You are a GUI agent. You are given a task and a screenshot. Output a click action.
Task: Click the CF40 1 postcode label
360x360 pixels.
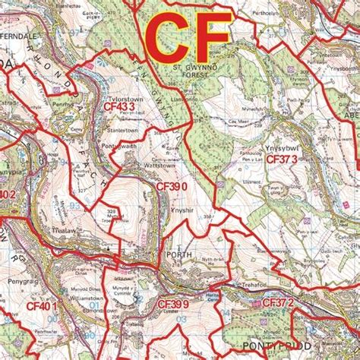click(x=43, y=306)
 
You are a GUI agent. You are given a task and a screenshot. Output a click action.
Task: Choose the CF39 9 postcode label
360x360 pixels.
click(x=172, y=304)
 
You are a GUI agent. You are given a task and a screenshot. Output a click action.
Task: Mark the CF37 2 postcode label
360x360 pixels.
click(x=278, y=304)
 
